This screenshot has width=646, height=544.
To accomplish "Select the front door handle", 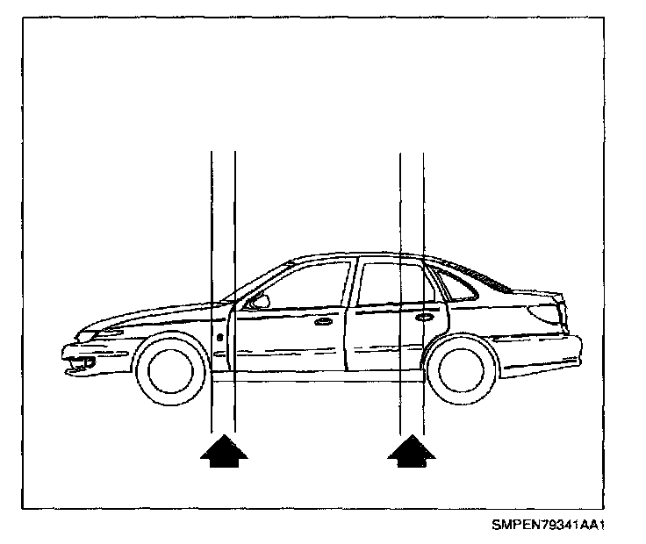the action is (x=324, y=322).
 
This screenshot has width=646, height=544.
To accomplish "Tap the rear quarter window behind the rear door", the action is (x=456, y=284).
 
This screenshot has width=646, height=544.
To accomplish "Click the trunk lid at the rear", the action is (x=527, y=297).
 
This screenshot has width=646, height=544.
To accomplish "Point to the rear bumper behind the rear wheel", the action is (x=544, y=351).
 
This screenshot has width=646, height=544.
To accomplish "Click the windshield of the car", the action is (x=255, y=283).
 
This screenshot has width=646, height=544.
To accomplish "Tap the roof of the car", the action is (x=369, y=255).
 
